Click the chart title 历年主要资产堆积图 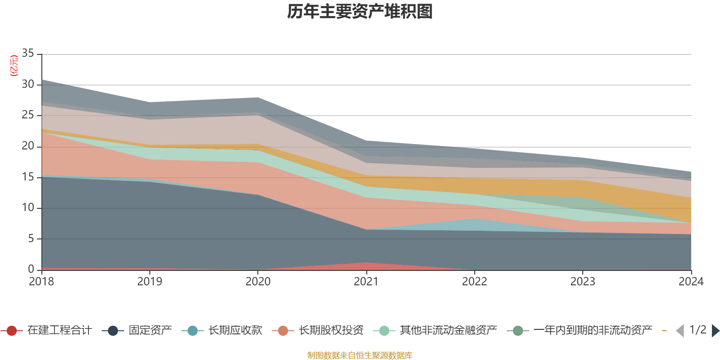(x=360, y=12)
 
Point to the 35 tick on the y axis (x=28, y=54)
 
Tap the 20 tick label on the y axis (x=28, y=146)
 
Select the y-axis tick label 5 (x=31, y=238)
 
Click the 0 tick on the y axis (x=31, y=269)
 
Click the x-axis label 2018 (x=41, y=282)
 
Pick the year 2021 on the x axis (x=366, y=282)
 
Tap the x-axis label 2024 (x=691, y=282)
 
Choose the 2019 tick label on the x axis (x=149, y=282)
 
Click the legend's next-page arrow (x=715, y=331)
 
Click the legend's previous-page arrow (x=680, y=331)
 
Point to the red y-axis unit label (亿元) (x=14, y=66)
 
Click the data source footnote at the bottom (x=360, y=355)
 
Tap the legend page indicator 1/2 (x=697, y=330)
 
